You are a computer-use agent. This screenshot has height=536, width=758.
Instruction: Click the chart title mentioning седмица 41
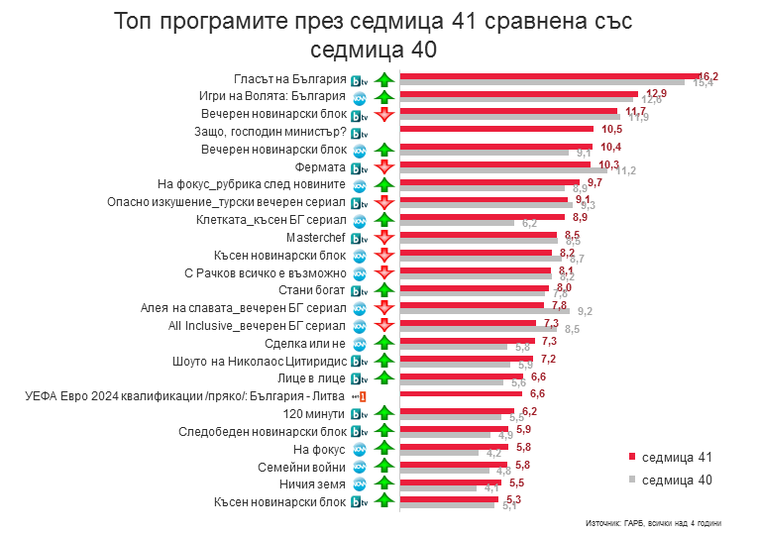pyautogui.click(x=373, y=36)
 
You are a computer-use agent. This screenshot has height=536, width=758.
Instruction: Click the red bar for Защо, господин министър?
pyautogui.click(x=495, y=129)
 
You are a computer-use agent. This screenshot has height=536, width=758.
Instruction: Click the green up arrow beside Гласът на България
pyautogui.click(x=384, y=79)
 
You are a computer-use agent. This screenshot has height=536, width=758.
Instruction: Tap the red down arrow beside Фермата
pyautogui.click(x=384, y=167)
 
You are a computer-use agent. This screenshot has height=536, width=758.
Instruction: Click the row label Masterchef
pyautogui.click(x=315, y=239)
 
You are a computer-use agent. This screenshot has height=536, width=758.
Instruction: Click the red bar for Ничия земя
pyautogui.click(x=450, y=482)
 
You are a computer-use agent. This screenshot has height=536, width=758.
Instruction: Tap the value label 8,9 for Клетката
pyautogui.click(x=582, y=217)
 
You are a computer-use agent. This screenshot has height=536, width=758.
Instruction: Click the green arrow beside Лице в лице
pyautogui.click(x=384, y=378)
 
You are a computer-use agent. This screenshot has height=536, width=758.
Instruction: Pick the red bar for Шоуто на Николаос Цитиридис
pyautogui.click(x=466, y=358)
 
